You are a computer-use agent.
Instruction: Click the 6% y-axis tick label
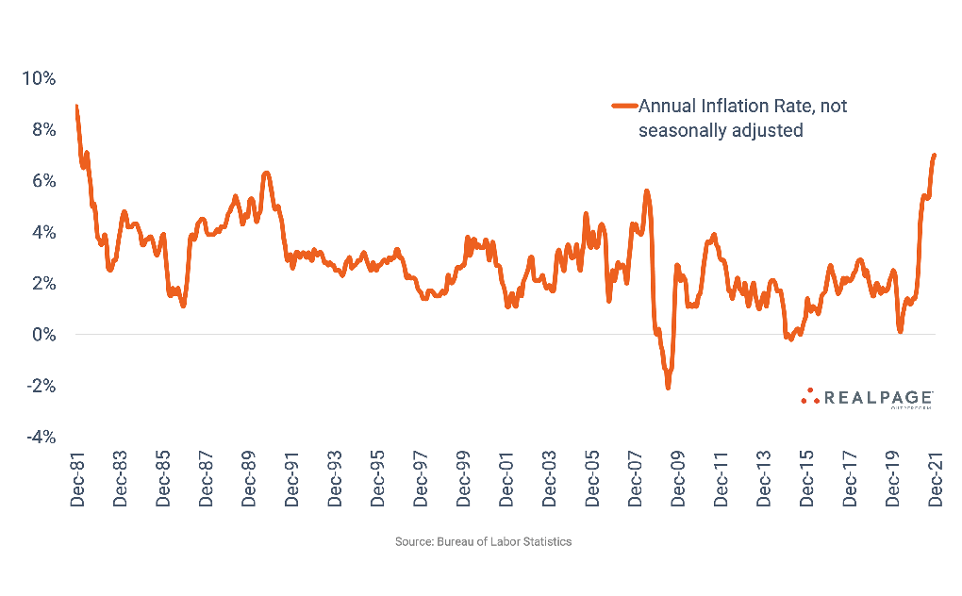pos(42,180)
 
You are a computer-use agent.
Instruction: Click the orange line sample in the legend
pos(623,107)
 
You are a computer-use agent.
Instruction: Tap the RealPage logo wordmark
pos(879,398)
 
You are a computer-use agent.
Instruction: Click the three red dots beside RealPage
pos(809,396)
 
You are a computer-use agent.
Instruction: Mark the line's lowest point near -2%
pos(668,386)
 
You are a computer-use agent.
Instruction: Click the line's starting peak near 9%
pos(76,107)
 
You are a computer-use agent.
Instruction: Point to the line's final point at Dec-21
pos(935,155)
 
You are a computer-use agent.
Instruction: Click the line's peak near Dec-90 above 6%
pos(267,174)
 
